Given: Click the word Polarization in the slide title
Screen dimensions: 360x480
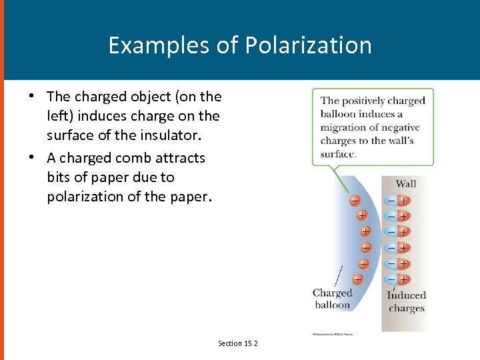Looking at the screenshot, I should click(308, 45).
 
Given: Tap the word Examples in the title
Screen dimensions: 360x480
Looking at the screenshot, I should click(157, 45).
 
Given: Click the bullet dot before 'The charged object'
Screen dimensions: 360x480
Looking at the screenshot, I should click(31, 96).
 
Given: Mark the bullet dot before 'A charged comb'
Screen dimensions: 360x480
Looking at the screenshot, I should click(31, 158).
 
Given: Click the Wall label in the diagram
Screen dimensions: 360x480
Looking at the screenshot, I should click(405, 183).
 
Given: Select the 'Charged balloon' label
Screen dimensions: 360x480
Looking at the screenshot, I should click(332, 299).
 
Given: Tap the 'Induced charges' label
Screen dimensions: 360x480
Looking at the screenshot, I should click(406, 301).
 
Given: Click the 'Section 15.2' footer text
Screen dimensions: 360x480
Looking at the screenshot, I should click(237, 343).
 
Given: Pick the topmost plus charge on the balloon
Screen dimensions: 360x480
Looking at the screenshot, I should click(354, 199).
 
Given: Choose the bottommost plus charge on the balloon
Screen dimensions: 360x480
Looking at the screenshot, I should click(358, 279).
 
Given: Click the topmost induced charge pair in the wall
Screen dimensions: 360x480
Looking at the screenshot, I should click(397, 200).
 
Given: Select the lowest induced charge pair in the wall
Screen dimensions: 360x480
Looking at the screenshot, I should click(397, 279).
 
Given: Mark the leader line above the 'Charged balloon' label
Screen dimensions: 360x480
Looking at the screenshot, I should click(339, 275).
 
